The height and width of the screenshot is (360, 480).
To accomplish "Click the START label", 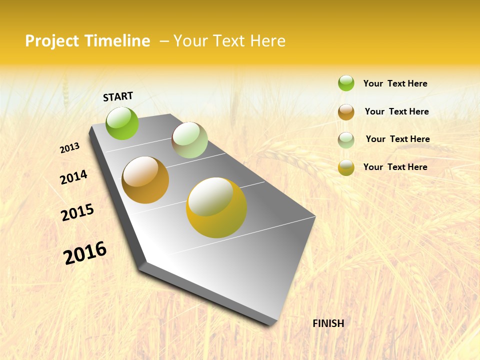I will point(118,96).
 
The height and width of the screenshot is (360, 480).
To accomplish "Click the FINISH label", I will point(328,323).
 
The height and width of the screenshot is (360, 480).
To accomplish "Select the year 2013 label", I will point(69,148).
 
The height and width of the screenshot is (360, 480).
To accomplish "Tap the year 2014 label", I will point(73,177).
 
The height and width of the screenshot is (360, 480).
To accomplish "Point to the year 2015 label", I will point(77,212).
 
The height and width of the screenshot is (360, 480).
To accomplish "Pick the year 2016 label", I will point(85,253).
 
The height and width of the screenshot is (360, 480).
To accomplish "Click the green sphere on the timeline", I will point(122,123).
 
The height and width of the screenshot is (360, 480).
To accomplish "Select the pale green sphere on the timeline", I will point(189,140).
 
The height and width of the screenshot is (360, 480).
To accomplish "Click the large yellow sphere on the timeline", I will point(216,207).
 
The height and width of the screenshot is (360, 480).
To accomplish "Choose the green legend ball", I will point(346,83).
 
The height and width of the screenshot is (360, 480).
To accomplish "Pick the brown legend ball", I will point(346,112).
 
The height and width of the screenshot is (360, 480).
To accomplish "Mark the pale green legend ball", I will point(346,140).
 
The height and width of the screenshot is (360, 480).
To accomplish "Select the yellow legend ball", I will point(346,167).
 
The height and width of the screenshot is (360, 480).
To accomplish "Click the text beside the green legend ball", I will point(395,83).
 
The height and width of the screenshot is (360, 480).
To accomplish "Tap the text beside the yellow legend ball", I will point(395,167).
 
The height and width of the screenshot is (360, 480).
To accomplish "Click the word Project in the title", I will point(52,41).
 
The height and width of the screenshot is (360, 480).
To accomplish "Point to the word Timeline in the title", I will point(117,41).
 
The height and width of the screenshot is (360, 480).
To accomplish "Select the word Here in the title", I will point(268,41).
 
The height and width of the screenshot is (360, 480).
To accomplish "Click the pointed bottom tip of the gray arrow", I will point(271,323).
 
